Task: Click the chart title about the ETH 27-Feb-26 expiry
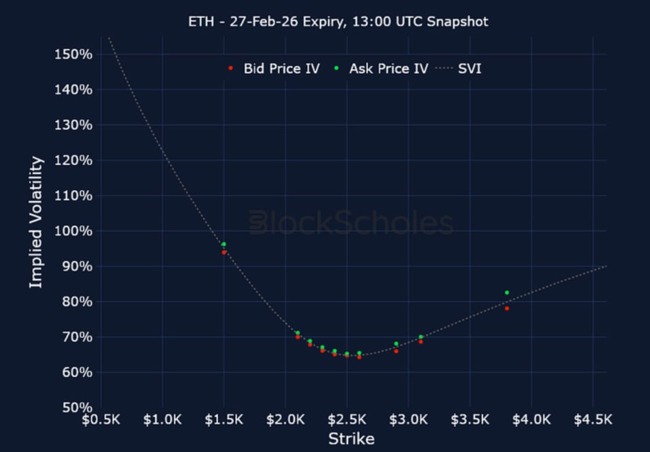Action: [x=338, y=22]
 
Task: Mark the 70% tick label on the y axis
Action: [x=75, y=337]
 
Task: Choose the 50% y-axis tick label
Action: [x=75, y=408]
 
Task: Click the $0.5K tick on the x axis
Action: [x=101, y=419]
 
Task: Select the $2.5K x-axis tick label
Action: [x=347, y=419]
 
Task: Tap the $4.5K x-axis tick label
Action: [x=593, y=419]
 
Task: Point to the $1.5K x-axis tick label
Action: [x=224, y=419]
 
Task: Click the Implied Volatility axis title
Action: [x=36, y=222]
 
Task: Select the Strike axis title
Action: [x=351, y=438]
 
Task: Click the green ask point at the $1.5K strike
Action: [x=223, y=244]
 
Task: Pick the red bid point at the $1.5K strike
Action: [x=224, y=252]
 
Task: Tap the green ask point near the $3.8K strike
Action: [x=507, y=292]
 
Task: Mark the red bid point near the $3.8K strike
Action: [x=507, y=308]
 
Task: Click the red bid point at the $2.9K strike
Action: [x=396, y=351]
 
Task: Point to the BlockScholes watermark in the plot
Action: [x=351, y=224]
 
